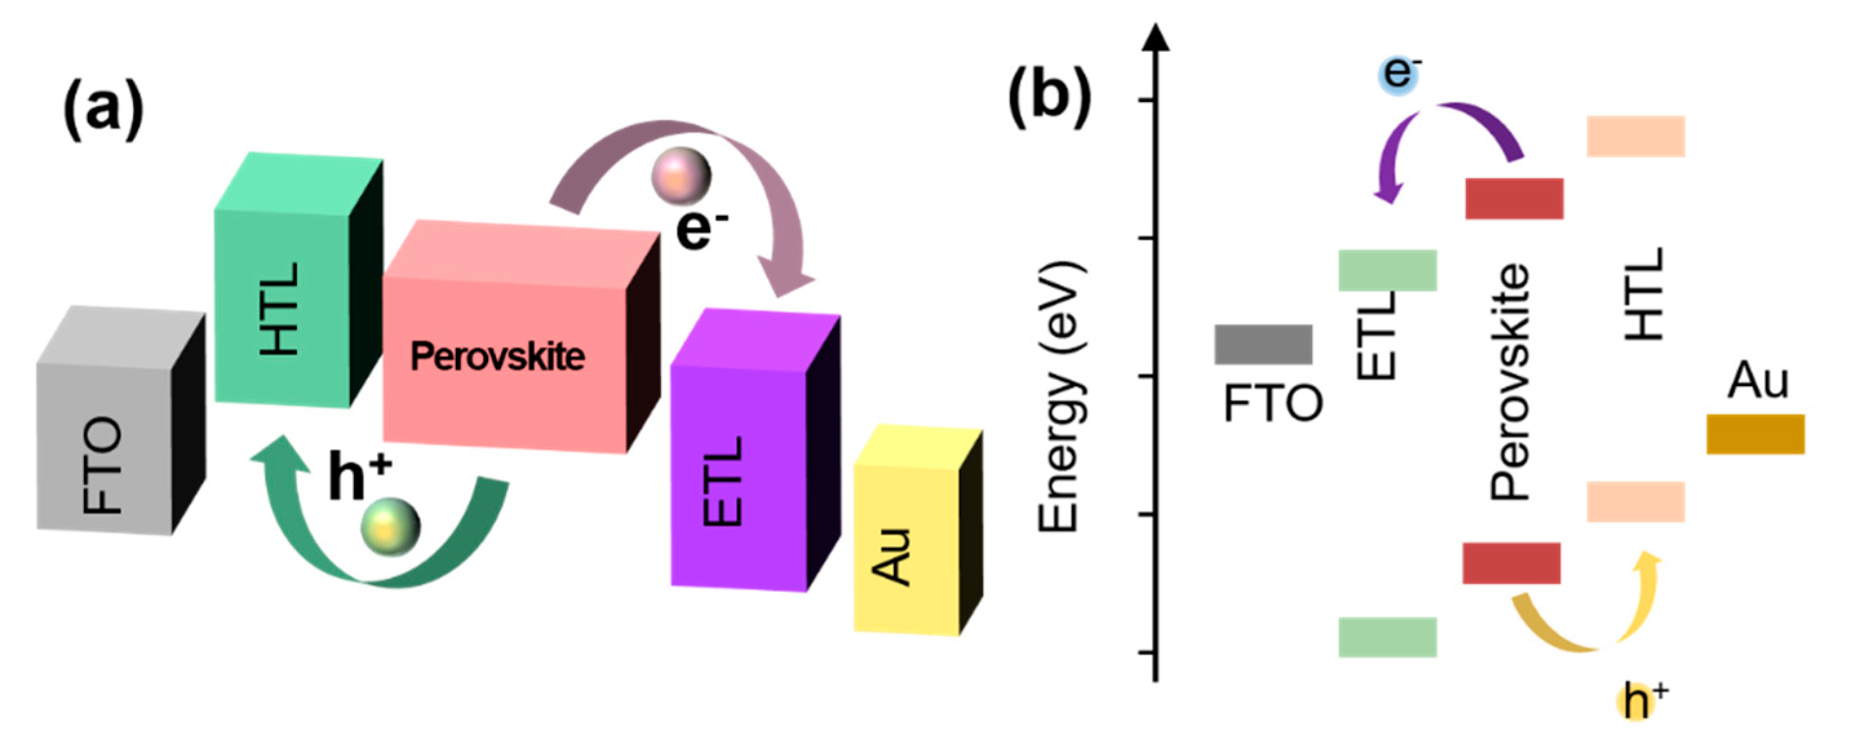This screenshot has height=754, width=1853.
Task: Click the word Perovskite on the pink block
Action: [x=497, y=357]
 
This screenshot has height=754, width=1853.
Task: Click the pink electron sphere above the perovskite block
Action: [x=681, y=175]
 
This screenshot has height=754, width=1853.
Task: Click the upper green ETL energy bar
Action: [x=1387, y=270]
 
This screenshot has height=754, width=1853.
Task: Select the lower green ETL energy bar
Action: [x=1387, y=636]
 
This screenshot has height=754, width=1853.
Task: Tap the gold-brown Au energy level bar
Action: [x=1755, y=433]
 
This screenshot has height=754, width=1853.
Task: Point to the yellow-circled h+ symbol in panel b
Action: [x=1637, y=702]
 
